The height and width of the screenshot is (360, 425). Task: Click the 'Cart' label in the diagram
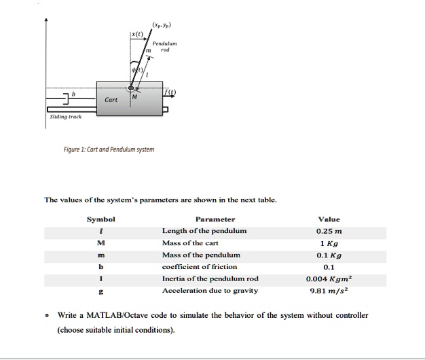pyautogui.click(x=111, y=100)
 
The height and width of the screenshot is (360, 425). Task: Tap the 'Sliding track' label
pyautogui.click(x=66, y=116)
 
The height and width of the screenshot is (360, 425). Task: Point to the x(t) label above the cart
pyautogui.click(x=138, y=35)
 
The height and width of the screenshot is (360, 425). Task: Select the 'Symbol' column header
pyautogui.click(x=101, y=219)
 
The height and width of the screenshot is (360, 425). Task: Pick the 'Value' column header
pyautogui.click(x=329, y=219)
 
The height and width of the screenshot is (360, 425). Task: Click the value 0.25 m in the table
pyautogui.click(x=329, y=231)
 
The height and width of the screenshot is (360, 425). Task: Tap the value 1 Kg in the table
pyautogui.click(x=329, y=242)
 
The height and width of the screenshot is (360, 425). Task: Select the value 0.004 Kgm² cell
pyautogui.click(x=329, y=278)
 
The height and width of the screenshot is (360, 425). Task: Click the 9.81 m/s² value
pyautogui.click(x=329, y=291)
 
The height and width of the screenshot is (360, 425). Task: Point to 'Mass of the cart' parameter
pyautogui.click(x=190, y=242)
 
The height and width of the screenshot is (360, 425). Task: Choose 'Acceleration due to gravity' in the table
pyautogui.click(x=210, y=291)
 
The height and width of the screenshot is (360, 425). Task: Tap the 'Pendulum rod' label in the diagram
pyautogui.click(x=166, y=46)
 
